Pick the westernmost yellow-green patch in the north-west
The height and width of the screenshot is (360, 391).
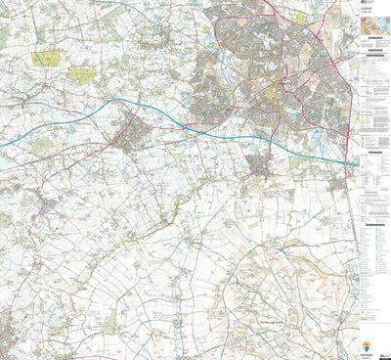tap(46, 59)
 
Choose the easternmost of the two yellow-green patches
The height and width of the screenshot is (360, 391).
tap(83, 74)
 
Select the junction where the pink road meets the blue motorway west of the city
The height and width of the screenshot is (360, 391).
tap(184, 125)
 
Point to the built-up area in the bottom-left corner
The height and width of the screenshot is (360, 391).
tap(8, 333)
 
